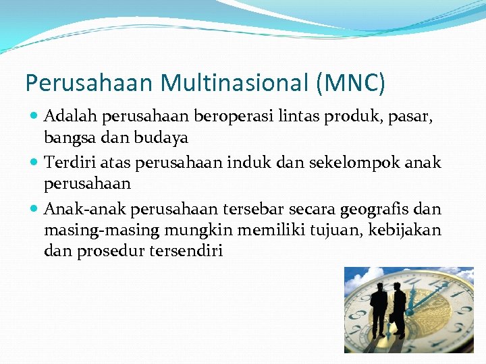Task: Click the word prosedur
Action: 103,251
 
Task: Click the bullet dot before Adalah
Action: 34,117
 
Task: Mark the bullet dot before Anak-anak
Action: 34,210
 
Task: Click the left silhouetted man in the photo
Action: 378,309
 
